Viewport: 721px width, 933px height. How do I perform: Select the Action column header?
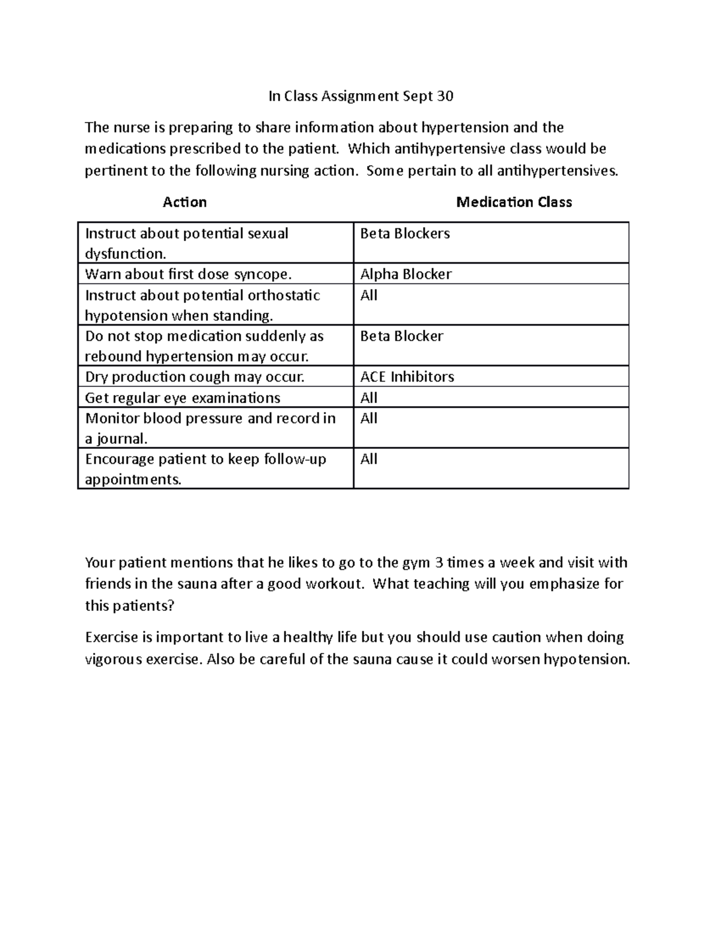tap(184, 202)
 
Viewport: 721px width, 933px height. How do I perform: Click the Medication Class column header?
tap(514, 202)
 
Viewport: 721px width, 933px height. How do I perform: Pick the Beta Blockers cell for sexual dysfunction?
tap(404, 234)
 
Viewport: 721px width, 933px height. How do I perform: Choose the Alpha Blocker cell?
tap(406, 275)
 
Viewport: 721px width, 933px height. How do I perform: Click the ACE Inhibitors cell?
tap(407, 377)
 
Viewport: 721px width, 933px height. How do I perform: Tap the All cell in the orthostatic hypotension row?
tap(368, 296)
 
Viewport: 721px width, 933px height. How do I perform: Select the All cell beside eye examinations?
tap(368, 398)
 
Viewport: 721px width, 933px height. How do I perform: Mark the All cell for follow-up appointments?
tap(368, 460)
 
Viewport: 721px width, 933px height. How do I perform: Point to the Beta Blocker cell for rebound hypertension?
tap(401, 336)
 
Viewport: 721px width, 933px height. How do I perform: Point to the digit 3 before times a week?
tap(439, 563)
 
